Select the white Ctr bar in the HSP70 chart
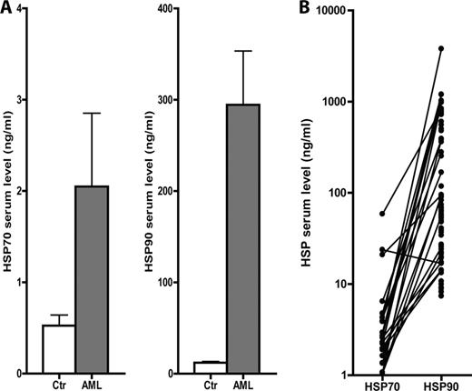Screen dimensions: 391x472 [59, 348]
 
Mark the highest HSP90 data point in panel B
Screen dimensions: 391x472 [441, 48]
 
